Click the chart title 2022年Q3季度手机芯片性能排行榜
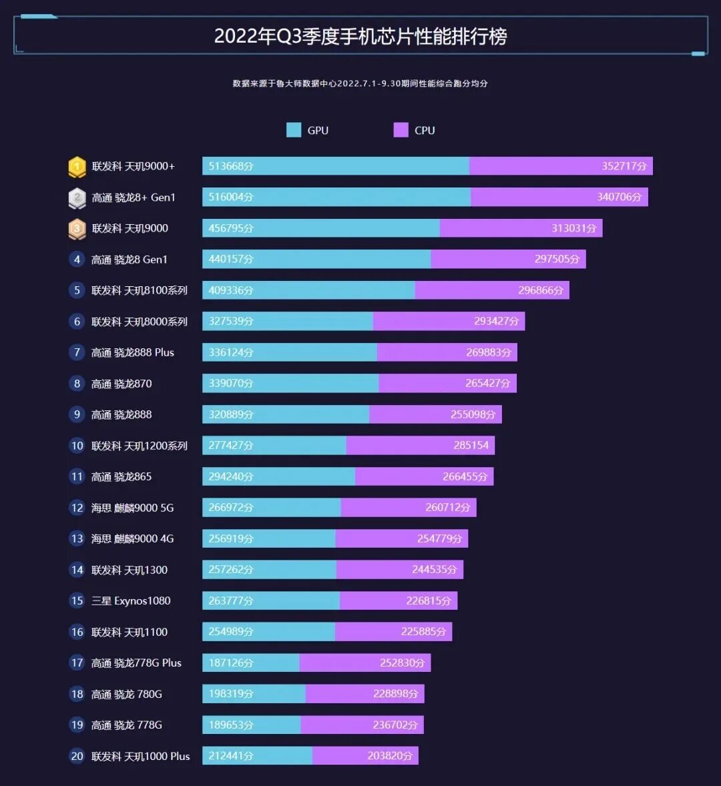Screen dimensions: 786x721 click(x=360, y=36)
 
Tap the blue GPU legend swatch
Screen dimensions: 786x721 click(x=294, y=130)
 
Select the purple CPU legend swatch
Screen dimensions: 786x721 click(x=401, y=130)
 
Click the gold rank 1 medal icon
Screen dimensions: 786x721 click(x=77, y=167)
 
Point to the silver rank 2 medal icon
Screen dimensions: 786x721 click(x=77, y=198)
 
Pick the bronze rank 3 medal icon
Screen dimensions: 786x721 click(x=77, y=229)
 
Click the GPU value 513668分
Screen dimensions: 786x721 click(x=231, y=166)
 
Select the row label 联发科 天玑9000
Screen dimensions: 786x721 click(x=130, y=228)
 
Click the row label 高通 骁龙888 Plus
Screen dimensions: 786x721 click(x=133, y=352)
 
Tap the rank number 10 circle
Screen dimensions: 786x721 click(x=77, y=446)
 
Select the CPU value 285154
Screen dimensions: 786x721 click(x=471, y=445)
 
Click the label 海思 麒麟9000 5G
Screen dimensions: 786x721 click(x=133, y=508)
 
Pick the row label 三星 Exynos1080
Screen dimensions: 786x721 click(x=131, y=601)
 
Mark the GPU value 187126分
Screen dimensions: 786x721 click(x=231, y=663)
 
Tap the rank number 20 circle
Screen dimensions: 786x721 click(x=77, y=756)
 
